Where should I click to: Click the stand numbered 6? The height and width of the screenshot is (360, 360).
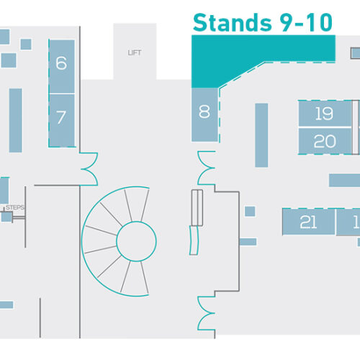coord(62,66)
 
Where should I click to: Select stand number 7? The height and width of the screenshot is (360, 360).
coord(62,120)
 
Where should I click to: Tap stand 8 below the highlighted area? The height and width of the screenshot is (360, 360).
coord(204,114)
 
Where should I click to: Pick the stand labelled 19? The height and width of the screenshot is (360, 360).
coord(325,113)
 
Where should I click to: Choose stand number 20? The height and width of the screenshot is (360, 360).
coord(325,141)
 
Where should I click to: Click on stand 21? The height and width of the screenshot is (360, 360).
coord(309,222)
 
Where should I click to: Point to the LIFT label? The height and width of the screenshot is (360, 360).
coord(135,53)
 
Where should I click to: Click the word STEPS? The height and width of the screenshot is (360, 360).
coord(15,207)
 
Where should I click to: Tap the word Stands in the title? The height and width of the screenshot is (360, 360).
coord(232,23)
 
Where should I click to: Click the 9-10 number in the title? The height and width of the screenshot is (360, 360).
coord(306,23)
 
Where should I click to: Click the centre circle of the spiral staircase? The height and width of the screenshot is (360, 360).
coord(136,241)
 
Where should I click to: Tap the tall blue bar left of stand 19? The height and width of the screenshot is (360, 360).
coord(261,135)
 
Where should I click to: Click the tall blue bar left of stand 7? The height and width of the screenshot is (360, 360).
coord(16,120)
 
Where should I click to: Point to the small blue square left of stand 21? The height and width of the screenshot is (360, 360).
coord(250,212)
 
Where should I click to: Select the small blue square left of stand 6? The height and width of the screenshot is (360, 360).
coord(26,44)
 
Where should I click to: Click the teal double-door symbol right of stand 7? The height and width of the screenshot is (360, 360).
coord(89,169)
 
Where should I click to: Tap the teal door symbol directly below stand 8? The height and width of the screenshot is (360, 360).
coord(206,168)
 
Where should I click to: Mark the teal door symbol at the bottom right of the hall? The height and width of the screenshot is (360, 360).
coord(206,313)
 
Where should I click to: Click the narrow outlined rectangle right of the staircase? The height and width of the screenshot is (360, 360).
coord(197,208)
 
